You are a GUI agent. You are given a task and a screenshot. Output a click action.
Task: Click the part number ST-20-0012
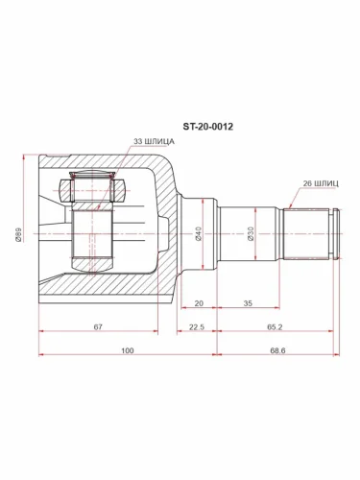point(207,127)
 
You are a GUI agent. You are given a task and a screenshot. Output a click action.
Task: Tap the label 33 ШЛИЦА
point(154,141)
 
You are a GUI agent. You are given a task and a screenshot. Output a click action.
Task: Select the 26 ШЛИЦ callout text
point(321,183)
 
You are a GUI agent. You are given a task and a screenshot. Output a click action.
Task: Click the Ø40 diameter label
point(198,233)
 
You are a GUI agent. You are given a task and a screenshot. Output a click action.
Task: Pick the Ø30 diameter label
point(251,233)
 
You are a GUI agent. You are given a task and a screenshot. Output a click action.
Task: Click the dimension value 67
point(98,326)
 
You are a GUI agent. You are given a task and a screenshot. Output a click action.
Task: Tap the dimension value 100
point(128,350)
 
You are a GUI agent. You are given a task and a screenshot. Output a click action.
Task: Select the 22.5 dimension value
point(197,326)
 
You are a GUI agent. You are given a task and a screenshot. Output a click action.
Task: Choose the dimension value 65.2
point(275,326)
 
